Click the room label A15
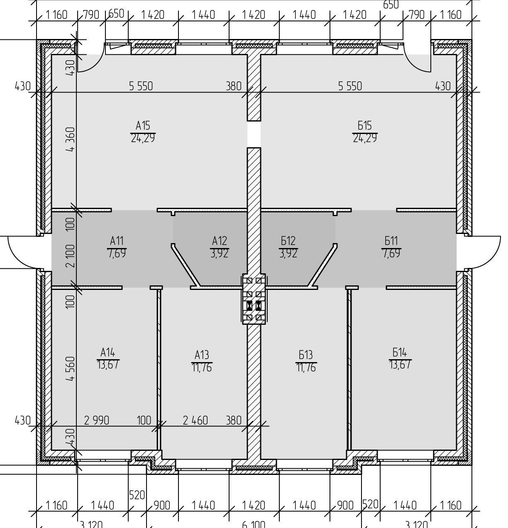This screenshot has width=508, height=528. click(143, 125)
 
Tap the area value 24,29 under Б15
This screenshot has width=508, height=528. click(365, 138)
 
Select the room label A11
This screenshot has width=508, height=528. click(117, 241)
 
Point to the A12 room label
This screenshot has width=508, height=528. click(219, 241)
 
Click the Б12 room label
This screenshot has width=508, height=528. click(288, 241)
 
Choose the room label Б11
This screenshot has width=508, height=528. click(391, 241)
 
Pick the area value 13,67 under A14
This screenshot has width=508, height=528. click(108, 365)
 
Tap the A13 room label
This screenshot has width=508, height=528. click(202, 355)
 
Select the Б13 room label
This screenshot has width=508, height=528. click(306, 355)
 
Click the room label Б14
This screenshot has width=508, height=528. click(400, 353)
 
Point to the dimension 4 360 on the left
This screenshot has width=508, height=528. click(71, 139)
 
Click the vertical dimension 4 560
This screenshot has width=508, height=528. click(71, 368)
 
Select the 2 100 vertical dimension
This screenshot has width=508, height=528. click(71, 255)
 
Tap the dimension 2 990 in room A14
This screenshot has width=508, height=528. click(96, 421)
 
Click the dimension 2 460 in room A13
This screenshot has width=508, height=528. click(195, 421)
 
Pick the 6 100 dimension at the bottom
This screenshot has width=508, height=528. click(253, 524)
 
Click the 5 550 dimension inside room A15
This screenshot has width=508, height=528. click(141, 86)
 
